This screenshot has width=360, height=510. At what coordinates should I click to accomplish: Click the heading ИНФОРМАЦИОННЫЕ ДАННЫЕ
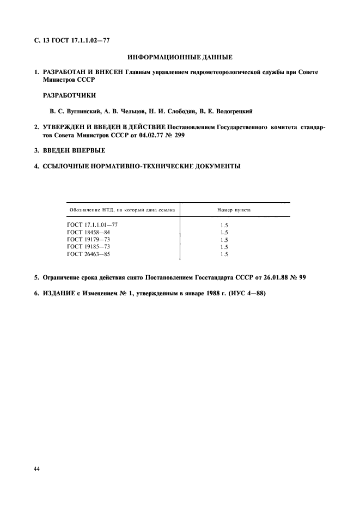pyautogui.click(x=180, y=57)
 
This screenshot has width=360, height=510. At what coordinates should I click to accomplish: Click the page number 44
pyautogui.click(x=37, y=468)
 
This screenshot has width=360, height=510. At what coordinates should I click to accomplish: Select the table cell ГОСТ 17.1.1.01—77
pyautogui.click(x=92, y=224)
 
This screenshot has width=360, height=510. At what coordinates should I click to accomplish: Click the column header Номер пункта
pyautogui.click(x=234, y=210)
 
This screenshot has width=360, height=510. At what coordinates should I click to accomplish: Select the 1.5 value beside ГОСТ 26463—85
pyautogui.click(x=224, y=253)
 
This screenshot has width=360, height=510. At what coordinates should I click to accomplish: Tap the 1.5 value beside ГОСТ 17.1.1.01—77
pyautogui.click(x=224, y=224)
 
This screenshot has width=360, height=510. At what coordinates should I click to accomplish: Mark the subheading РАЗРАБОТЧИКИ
pyautogui.click(x=65, y=95)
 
